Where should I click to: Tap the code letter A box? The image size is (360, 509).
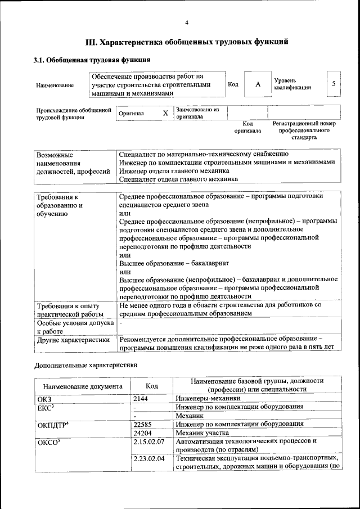(x=258, y=84)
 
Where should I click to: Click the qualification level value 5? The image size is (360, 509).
(x=334, y=84)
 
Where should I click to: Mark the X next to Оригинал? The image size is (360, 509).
(x=165, y=113)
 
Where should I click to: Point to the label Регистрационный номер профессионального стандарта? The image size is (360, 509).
(x=304, y=130)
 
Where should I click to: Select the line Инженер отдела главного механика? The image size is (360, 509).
(x=174, y=170)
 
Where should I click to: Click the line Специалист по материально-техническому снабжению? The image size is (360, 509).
(x=204, y=154)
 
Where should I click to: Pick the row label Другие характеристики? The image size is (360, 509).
(x=73, y=340)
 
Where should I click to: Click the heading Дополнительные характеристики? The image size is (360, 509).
(x=85, y=364)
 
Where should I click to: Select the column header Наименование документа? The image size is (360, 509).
(x=83, y=386)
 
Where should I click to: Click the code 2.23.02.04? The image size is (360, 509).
(x=149, y=459)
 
